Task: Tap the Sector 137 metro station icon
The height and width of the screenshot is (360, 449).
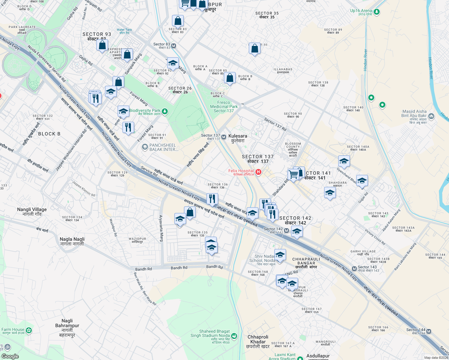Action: pyautogui.click(x=224, y=137)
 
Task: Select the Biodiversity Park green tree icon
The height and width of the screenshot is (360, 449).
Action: pyautogui.click(x=164, y=112)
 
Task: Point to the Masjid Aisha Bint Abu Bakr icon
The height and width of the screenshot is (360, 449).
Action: pyautogui.click(x=431, y=116)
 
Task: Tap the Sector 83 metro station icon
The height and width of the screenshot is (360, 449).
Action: pyautogui.click(x=173, y=46)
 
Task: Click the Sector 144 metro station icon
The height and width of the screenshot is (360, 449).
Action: pyautogui.click(x=429, y=331)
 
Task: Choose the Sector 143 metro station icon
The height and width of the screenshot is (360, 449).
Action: pyautogui.click(x=354, y=268)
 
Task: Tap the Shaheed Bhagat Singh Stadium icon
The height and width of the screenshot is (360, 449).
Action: pyautogui.click(x=234, y=336)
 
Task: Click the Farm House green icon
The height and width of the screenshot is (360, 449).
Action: pyautogui.click(x=29, y=331)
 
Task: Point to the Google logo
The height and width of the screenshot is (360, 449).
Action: pyautogui.click(x=10, y=356)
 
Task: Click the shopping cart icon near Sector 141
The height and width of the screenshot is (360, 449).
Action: pyautogui.click(x=294, y=174)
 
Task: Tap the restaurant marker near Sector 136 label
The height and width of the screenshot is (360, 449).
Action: pyautogui.click(x=212, y=199)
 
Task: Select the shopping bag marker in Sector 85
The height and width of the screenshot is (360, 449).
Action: pyautogui.click(x=230, y=78)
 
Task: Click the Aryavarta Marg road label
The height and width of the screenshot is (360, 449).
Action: pyautogui.click(x=161, y=228)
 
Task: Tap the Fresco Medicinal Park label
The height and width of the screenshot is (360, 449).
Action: pyautogui.click(x=224, y=106)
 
